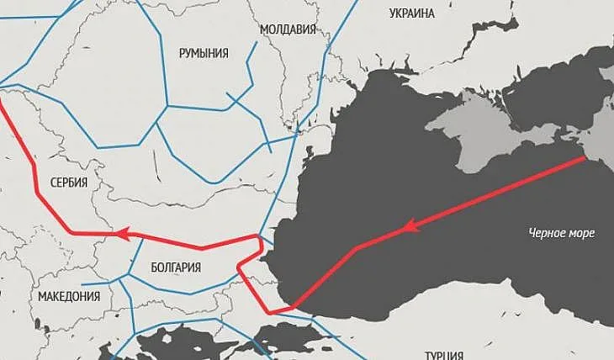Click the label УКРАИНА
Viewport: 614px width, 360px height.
point(412,13)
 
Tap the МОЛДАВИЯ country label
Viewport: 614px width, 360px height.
point(288,29)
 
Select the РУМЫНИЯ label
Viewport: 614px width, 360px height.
point(204,53)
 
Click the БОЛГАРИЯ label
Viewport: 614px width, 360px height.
point(176,267)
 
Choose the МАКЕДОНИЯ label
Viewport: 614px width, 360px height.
point(69,297)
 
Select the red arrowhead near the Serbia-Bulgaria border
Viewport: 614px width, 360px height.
point(123,234)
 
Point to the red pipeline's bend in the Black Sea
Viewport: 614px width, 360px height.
point(357,248)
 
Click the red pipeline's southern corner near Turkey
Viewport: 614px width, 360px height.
point(269,313)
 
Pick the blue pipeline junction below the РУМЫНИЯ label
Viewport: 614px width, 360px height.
point(167,106)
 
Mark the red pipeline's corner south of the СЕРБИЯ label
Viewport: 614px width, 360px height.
point(72,231)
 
